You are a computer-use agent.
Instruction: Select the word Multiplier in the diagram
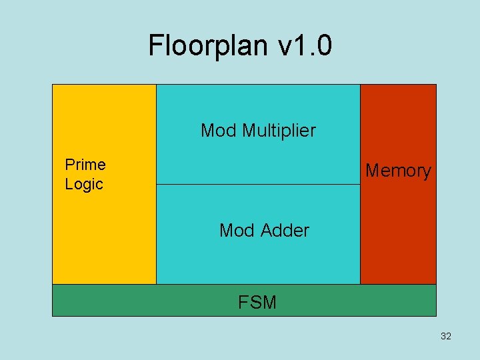pos(279,130)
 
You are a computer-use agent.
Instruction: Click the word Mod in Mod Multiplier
pos(218,130)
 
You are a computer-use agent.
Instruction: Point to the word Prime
pos(85,164)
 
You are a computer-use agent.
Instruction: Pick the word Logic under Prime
pos(83,184)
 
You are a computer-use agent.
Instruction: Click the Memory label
pos(398,171)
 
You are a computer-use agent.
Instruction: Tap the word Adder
pos(284,231)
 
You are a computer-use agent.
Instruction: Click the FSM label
pos(257,303)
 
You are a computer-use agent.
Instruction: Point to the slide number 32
pos(446,336)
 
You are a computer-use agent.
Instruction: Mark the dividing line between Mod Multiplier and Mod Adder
pos(258,184)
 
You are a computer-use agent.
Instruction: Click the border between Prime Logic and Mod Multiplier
pos(156,133)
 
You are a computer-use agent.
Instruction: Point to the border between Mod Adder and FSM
pos(258,285)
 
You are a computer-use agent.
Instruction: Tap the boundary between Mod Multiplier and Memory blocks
pos(360,133)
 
